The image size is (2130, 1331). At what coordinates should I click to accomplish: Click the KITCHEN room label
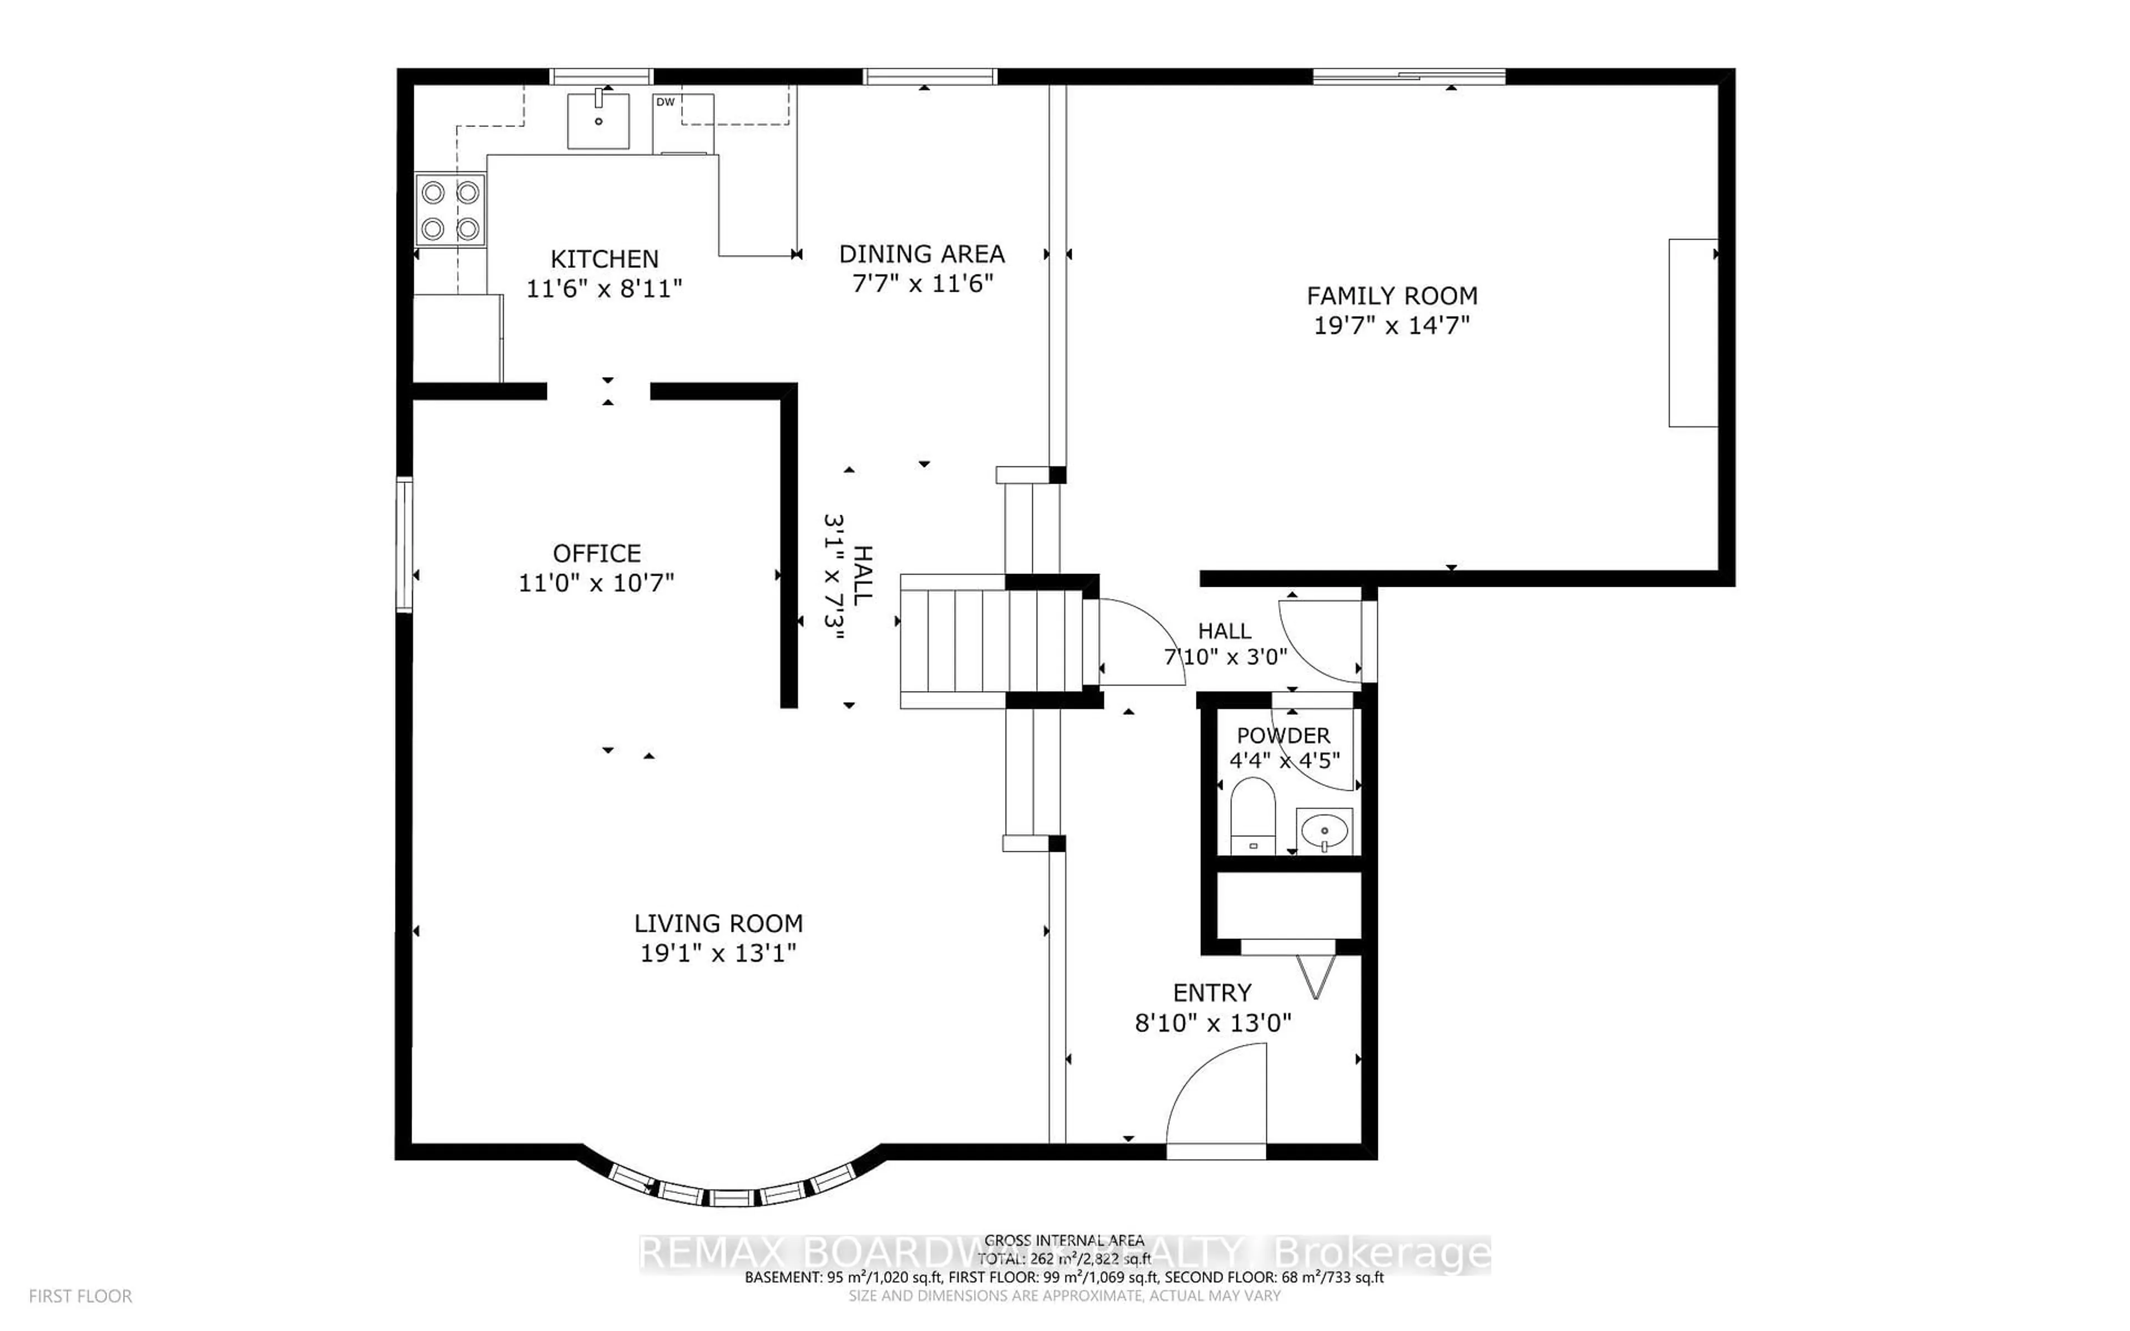[x=604, y=259]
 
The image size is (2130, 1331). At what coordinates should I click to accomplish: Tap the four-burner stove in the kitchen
[x=450, y=210]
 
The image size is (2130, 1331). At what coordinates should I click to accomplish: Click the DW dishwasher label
[x=666, y=102]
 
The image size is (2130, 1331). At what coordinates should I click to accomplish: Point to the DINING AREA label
[x=921, y=255]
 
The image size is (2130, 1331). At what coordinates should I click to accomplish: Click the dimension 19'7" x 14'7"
[x=1392, y=326]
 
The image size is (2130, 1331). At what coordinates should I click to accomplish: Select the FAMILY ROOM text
[x=1392, y=296]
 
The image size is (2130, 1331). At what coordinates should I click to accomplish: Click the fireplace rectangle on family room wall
[x=1692, y=333]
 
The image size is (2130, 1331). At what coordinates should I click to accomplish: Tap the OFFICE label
[x=597, y=553]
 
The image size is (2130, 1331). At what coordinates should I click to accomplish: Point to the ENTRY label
[x=1212, y=993]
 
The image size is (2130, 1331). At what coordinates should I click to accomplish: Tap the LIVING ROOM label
[x=718, y=923]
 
